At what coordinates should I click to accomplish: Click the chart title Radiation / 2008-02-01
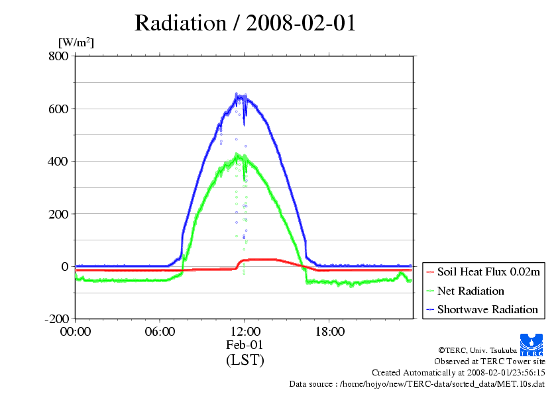click(245, 23)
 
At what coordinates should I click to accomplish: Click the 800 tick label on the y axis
click(58, 56)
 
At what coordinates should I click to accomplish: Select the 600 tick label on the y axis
click(58, 109)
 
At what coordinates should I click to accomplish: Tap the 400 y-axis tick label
click(58, 161)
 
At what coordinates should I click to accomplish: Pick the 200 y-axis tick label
click(58, 214)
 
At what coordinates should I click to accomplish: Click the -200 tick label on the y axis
click(56, 319)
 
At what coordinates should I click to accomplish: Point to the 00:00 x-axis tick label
click(75, 332)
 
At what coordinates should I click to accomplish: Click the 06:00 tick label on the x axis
click(160, 332)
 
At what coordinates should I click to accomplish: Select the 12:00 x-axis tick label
click(245, 332)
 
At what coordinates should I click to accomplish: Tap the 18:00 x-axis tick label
click(329, 332)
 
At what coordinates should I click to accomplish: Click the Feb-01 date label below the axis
click(245, 345)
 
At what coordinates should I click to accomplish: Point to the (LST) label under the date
click(245, 360)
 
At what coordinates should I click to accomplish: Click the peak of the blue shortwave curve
click(237, 94)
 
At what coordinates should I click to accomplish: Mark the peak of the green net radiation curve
click(237, 155)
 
